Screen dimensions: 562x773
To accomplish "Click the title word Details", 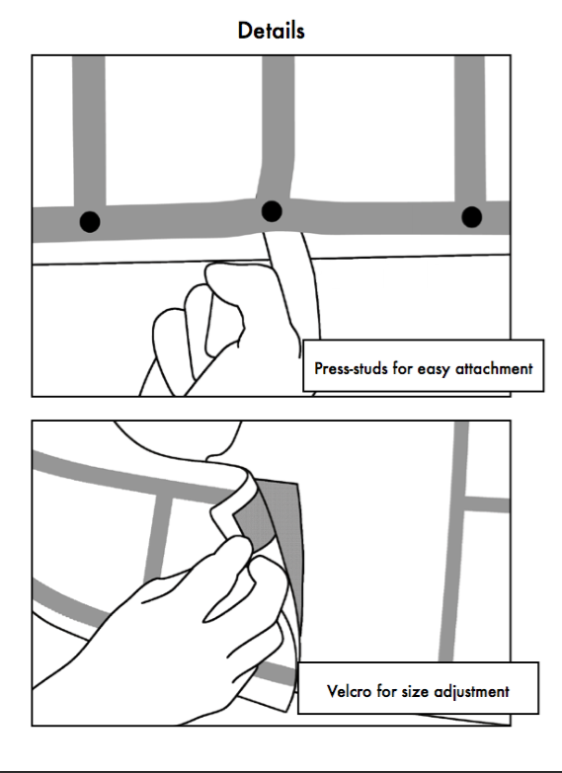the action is tap(271, 31).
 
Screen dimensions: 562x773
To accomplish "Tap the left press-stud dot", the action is tap(90, 222).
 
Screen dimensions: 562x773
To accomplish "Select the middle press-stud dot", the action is tap(272, 211).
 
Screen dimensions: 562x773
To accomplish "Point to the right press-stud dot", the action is tap(472, 217).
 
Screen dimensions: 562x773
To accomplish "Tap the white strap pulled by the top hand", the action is tap(292, 286).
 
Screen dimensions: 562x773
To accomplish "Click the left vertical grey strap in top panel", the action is tap(89, 130).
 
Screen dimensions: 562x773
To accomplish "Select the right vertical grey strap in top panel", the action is tap(470, 129).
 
